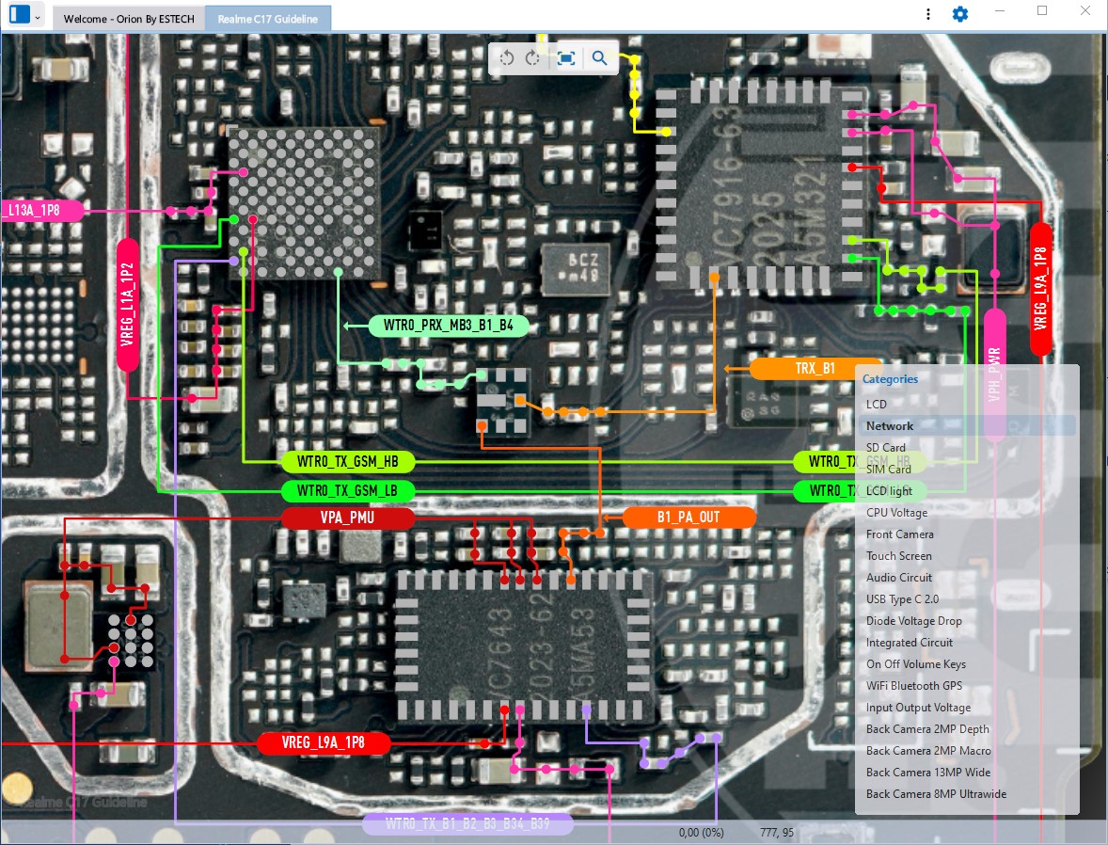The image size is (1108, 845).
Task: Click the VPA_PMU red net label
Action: [x=348, y=518]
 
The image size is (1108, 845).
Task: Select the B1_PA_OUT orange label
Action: [x=689, y=518]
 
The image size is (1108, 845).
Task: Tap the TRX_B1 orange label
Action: [x=815, y=369]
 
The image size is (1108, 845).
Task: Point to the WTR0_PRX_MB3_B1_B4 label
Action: [x=449, y=326]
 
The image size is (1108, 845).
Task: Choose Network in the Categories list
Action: [x=890, y=426]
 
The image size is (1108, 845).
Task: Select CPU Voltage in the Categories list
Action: [x=896, y=513]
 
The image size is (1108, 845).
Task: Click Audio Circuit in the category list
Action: [x=899, y=578]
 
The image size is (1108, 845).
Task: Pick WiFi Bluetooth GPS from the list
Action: [x=914, y=686]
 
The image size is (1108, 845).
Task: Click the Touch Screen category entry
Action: [x=899, y=556]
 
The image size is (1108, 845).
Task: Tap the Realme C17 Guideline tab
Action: [x=267, y=19]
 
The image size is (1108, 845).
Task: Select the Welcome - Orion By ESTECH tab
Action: [x=129, y=19]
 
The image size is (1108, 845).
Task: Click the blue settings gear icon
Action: [x=959, y=14]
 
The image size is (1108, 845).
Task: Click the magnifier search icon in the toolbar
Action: [x=599, y=58]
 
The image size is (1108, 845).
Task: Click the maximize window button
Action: [x=1042, y=10]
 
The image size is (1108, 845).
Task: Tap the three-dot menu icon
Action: [x=928, y=14]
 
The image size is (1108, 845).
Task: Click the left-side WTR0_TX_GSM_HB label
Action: [x=348, y=462]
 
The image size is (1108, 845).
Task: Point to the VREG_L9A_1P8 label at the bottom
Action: [x=324, y=743]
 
